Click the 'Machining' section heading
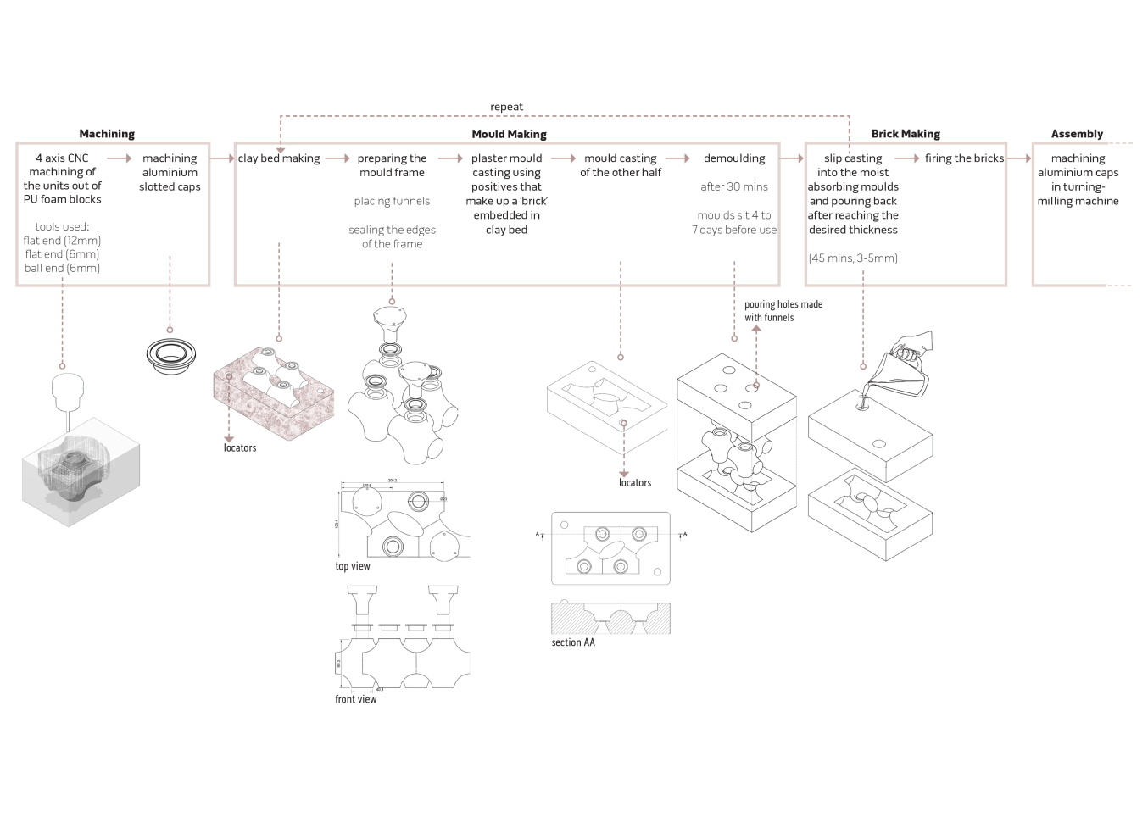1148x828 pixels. click(x=107, y=134)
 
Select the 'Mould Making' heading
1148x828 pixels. click(x=509, y=134)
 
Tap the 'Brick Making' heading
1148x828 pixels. click(x=906, y=134)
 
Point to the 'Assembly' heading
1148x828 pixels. click(x=1077, y=134)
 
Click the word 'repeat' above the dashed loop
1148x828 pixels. click(x=506, y=107)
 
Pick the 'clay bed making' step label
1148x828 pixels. click(x=279, y=158)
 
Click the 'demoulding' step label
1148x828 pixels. click(x=734, y=158)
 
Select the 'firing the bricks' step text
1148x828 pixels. click(x=964, y=158)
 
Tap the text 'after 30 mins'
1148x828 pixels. click(x=734, y=186)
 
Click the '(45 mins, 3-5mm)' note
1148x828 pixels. click(x=853, y=258)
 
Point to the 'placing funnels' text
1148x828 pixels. click(x=392, y=201)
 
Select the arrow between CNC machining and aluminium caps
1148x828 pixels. click(x=119, y=158)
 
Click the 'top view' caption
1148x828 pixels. click(x=353, y=566)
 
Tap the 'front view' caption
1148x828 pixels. click(x=355, y=699)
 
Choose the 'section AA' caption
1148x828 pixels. click(x=573, y=642)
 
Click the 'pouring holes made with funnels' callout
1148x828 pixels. click(x=783, y=311)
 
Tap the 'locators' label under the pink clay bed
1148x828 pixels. click(x=240, y=447)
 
